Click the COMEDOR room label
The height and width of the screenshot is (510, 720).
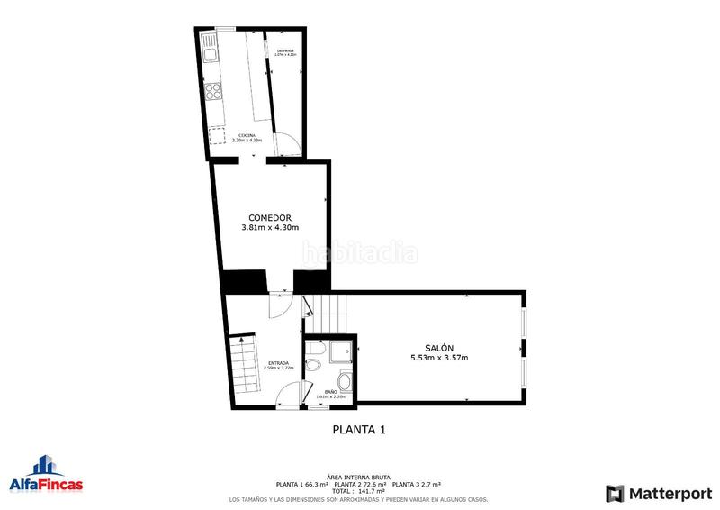[270, 217]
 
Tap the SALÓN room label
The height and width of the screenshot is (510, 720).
[439, 348]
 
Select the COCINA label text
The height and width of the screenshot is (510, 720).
[247, 135]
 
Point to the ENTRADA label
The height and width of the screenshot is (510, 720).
[278, 363]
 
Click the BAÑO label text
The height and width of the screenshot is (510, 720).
[331, 392]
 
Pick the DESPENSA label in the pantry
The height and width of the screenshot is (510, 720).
[286, 50]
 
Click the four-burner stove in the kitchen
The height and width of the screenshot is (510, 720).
[215, 91]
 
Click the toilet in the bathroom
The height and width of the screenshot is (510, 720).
[312, 364]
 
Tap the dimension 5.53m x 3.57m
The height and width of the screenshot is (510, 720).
[439, 358]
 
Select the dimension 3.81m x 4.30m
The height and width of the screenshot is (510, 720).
[270, 228]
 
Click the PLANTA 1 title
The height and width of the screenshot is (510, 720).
[359, 430]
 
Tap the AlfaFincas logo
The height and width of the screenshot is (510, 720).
[46, 477]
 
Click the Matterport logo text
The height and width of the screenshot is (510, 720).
[665, 493]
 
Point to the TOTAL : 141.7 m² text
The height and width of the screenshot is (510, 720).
[358, 491]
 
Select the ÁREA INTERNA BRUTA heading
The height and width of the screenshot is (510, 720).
[358, 478]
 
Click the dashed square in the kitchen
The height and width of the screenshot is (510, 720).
[218, 136]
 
